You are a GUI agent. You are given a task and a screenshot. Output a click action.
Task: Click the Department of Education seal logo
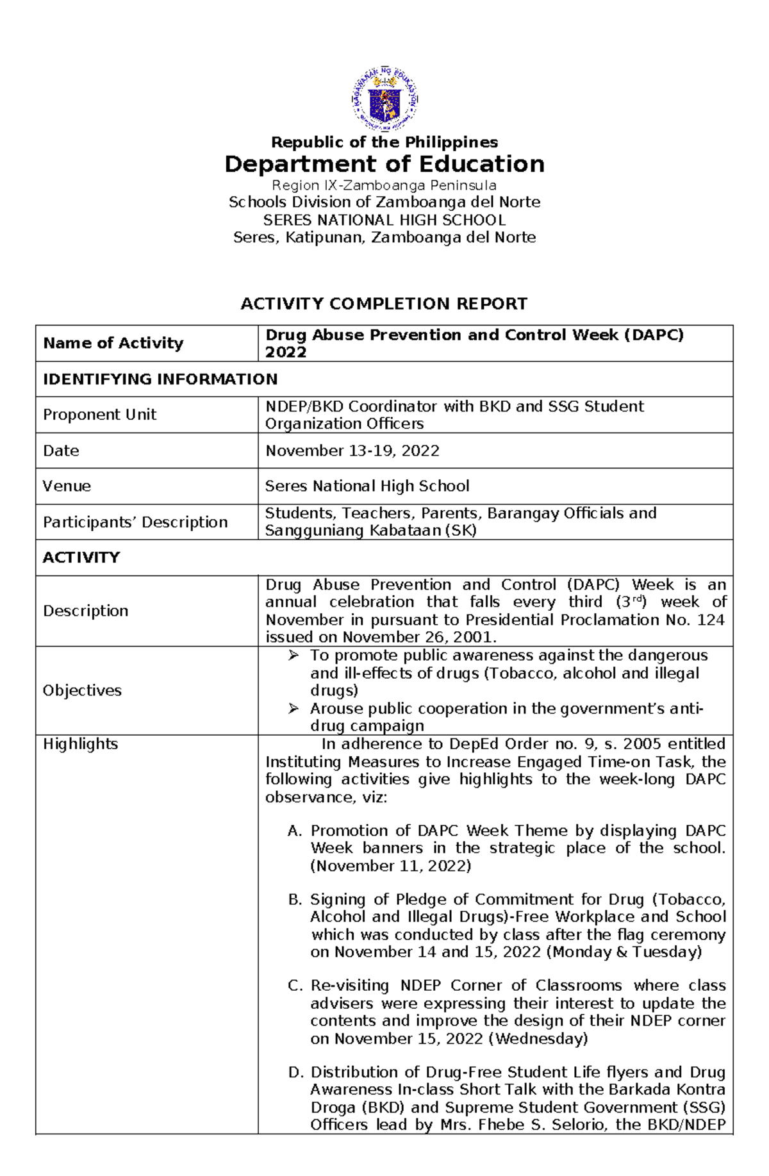coord(384,99)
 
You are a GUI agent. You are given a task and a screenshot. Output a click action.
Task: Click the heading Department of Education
coord(384,164)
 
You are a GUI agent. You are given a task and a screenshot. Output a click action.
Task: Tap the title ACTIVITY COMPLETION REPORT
coord(384,304)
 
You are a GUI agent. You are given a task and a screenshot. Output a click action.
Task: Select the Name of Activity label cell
coord(113,344)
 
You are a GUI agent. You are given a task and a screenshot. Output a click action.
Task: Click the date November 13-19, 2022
coord(352,451)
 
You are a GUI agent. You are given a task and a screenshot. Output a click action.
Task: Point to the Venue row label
coord(67,486)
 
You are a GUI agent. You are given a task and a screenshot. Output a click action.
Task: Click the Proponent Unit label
coord(99,415)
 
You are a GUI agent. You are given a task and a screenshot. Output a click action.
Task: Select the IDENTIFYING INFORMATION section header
coord(160,379)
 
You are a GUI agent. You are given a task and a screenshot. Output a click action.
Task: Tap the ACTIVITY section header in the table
coord(81,558)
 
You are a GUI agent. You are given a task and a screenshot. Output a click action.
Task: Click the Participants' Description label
coord(135,522)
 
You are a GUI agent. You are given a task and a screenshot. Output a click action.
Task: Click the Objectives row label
coord(82,690)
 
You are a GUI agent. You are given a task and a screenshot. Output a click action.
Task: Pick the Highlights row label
coord(80,744)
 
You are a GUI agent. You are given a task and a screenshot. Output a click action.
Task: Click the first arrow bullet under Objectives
coord(294,656)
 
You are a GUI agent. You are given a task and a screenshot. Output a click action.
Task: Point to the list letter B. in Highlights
coord(295,900)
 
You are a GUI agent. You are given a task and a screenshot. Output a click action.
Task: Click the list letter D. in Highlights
coord(295,1072)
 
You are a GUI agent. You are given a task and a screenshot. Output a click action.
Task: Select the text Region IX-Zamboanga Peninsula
coord(384,185)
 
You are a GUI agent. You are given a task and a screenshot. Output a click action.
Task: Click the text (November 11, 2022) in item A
coord(391,866)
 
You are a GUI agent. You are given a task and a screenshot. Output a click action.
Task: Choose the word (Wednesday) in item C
coord(538,1038)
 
